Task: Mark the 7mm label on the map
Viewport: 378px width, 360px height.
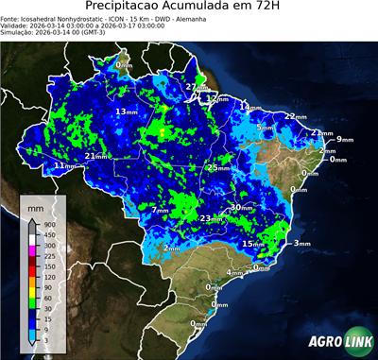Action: tap(159, 210)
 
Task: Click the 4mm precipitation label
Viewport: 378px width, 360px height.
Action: tap(232, 273)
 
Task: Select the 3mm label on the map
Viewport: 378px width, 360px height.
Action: tap(301, 244)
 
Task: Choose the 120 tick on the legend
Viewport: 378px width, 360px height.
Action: tap(49, 276)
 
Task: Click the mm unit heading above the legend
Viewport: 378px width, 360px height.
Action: tap(35, 206)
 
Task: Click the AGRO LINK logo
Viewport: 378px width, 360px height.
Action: tap(338, 341)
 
